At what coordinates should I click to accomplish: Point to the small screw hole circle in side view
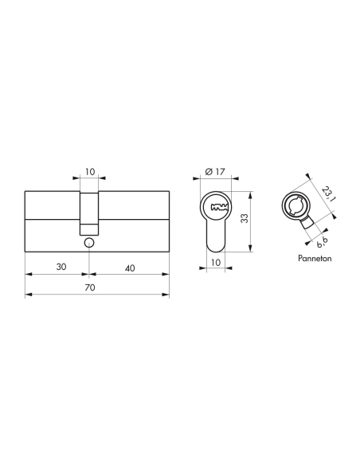click(88, 241)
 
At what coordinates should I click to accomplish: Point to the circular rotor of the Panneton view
click(293, 208)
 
